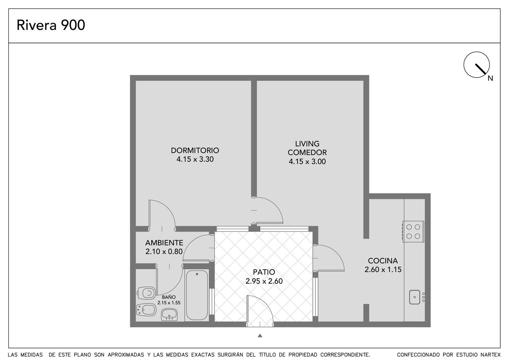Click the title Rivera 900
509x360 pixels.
point(51,25)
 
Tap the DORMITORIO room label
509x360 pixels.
point(195,150)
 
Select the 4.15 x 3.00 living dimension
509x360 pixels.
point(307,162)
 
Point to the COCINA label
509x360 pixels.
point(383,261)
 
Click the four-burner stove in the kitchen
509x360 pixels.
point(413,231)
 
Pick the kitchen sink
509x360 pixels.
point(415,297)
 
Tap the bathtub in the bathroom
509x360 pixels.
point(197,295)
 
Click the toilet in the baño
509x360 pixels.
point(147,293)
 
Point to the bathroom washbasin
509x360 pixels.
point(169,315)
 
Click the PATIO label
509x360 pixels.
point(264,272)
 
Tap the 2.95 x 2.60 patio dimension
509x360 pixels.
point(264,281)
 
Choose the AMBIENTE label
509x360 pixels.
point(164,243)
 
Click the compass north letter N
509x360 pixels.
point(490,78)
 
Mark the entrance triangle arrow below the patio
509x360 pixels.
point(260,336)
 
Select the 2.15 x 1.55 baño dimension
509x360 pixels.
point(169,303)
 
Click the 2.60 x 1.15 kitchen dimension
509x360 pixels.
point(383,270)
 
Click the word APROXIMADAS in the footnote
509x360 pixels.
point(126,355)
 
